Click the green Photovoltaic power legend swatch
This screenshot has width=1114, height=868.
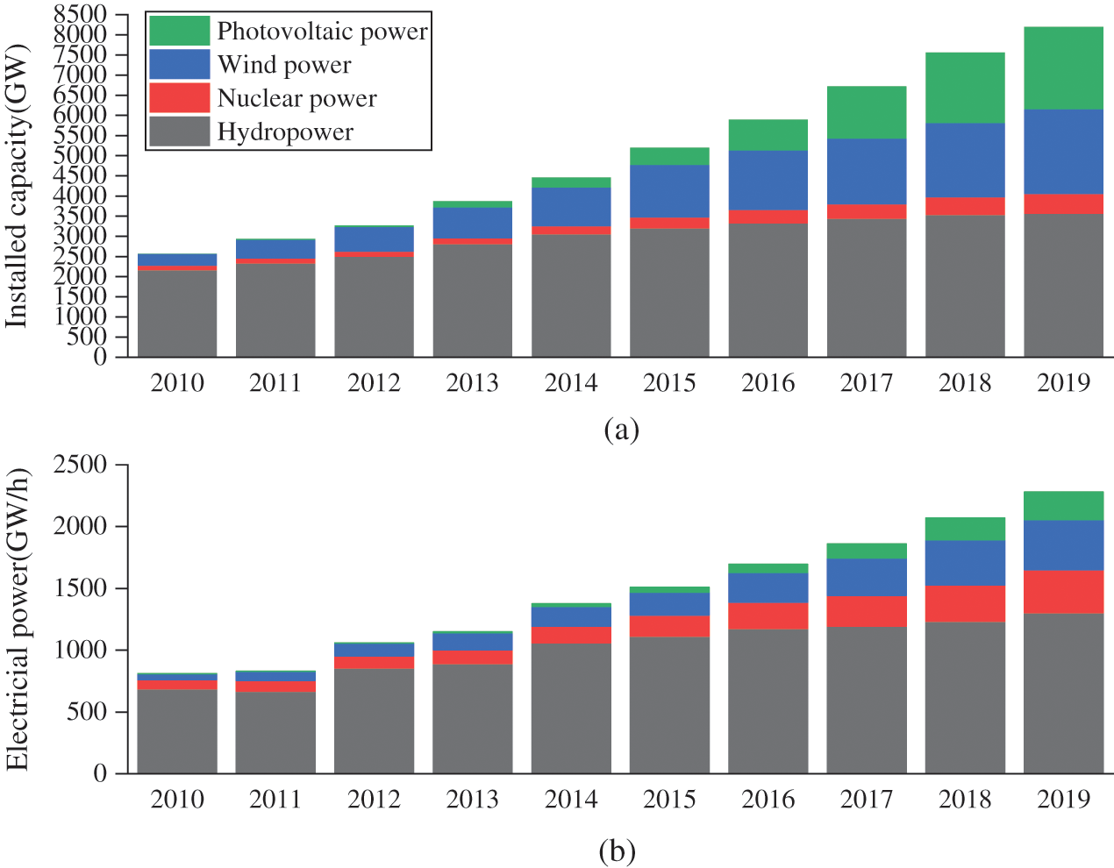pyautogui.click(x=179, y=31)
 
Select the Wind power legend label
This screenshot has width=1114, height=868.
pyautogui.click(x=284, y=65)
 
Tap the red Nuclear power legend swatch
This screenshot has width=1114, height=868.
pyautogui.click(x=179, y=98)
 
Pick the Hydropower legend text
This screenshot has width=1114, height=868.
pyautogui.click(x=285, y=132)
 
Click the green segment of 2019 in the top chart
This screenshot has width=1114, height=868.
pyautogui.click(x=1063, y=68)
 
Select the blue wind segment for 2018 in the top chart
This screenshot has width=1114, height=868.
pyautogui.click(x=965, y=160)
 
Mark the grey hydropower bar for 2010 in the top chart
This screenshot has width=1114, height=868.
pyautogui.click(x=177, y=313)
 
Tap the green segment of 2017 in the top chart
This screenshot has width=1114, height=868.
pyautogui.click(x=867, y=112)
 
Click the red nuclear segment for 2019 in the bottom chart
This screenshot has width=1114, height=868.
pyautogui.click(x=1063, y=592)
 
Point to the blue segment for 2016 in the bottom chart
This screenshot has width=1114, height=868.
pyautogui.click(x=768, y=587)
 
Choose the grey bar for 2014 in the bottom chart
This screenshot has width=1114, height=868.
pyautogui.click(x=571, y=708)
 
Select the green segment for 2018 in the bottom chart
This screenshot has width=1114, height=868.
pyautogui.click(x=965, y=529)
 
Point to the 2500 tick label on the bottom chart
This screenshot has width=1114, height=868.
pyautogui.click(x=79, y=465)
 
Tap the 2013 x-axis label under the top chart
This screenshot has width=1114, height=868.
pyautogui.click(x=473, y=383)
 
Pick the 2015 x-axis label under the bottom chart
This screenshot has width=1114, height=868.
pyautogui.click(x=669, y=800)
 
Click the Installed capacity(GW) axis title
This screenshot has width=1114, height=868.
pyautogui.click(x=18, y=185)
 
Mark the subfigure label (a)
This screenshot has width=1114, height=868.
pyautogui.click(x=621, y=430)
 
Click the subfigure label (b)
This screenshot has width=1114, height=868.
pyautogui.click(x=617, y=850)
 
